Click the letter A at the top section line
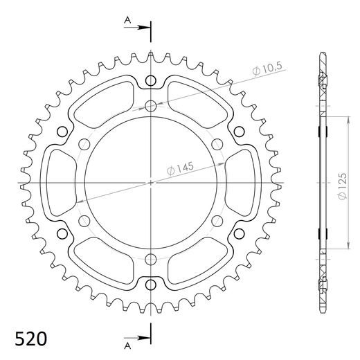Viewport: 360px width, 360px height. [x=128, y=21]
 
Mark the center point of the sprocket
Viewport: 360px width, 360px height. [x=151, y=183]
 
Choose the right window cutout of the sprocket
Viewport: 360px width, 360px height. [x=240, y=183]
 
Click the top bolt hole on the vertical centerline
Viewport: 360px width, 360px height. [x=151, y=106]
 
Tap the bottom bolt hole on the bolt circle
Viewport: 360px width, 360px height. [x=151, y=259]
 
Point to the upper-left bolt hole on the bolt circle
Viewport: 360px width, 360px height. [x=84, y=144]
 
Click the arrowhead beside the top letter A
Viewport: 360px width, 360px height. [x=146, y=28]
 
